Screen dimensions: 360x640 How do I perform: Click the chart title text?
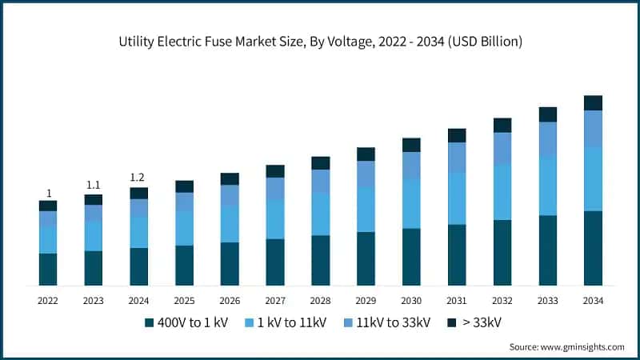click(x=320, y=42)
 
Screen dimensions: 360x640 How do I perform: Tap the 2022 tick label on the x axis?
click(x=48, y=301)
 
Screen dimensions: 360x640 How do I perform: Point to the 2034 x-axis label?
click(x=593, y=301)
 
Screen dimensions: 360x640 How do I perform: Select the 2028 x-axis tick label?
click(x=320, y=301)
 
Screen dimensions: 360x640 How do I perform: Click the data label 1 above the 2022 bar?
click(x=48, y=193)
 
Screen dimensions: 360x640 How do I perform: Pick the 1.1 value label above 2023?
click(x=94, y=186)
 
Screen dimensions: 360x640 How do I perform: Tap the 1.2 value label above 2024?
click(x=138, y=178)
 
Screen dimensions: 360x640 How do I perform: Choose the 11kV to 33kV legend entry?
click(x=387, y=322)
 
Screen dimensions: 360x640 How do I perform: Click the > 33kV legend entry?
click(x=474, y=322)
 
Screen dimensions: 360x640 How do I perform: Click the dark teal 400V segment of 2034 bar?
click(x=593, y=248)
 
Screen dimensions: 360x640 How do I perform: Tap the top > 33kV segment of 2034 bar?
click(x=593, y=102)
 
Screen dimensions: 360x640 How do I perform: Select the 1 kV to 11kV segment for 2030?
click(x=411, y=203)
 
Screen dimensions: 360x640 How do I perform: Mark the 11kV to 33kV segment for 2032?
click(x=502, y=148)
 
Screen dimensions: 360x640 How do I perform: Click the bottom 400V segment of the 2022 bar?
click(x=48, y=269)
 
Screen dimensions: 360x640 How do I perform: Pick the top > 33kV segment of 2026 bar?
click(x=230, y=178)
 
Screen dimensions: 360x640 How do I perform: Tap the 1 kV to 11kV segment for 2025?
click(x=184, y=228)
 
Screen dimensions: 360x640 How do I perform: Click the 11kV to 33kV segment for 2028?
click(x=320, y=181)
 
